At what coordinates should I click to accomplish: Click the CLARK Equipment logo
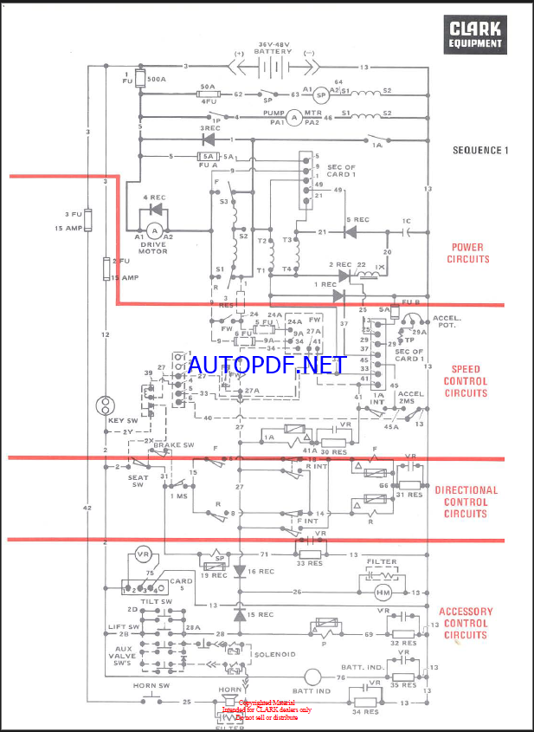pos(474,36)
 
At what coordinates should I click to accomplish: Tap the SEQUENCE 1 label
pos(480,150)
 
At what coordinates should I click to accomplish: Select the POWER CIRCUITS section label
pos(468,253)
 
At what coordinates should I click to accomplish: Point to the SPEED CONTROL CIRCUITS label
pos(465,380)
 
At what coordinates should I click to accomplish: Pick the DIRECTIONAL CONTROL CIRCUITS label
pos(466,502)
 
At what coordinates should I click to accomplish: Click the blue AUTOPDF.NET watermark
pos(261,365)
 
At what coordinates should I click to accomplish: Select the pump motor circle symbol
pos(293,117)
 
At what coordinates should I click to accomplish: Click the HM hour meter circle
pos(382,593)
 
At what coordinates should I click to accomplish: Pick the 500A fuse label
pos(157,79)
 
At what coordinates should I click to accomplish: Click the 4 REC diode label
pos(152,198)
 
